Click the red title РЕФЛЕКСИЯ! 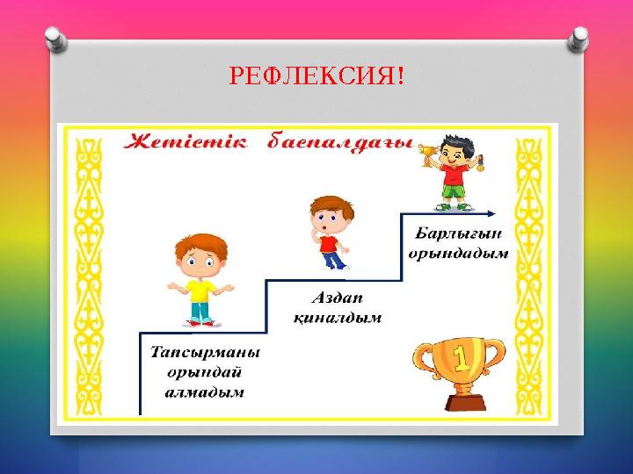(x=316, y=77)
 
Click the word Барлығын (x=459, y=233)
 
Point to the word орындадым (x=459, y=253)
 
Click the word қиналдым (x=335, y=318)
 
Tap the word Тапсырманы (x=204, y=353)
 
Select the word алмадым (x=204, y=393)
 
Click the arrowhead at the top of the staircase (x=490, y=212)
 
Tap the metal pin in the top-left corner (x=55, y=38)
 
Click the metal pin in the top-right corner (x=579, y=38)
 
